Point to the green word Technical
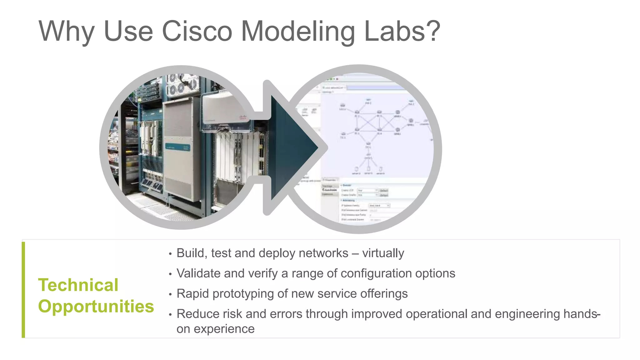click(78, 285)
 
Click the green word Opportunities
click(96, 306)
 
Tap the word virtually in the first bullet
click(383, 253)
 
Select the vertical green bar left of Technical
click(23, 290)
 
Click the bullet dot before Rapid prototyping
click(170, 294)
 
